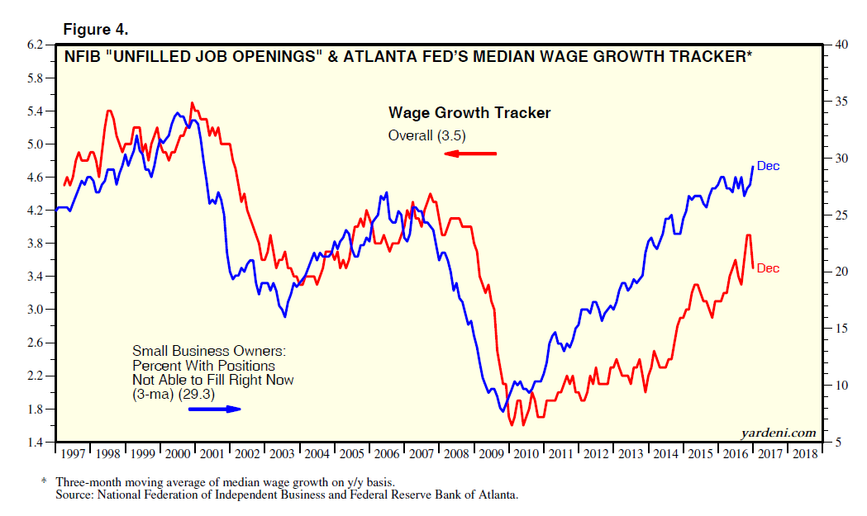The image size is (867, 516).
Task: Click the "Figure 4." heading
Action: pos(96,30)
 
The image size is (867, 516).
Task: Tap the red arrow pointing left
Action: pos(470,154)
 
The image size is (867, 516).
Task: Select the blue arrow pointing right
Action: pos(214,409)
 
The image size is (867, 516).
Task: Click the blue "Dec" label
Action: pos(768,167)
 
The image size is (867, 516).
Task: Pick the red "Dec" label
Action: pos(768,268)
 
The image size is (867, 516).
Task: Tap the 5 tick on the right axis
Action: pos(833,443)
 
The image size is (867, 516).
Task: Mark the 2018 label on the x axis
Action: pos(804,454)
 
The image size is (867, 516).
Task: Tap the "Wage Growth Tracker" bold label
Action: pos(469,113)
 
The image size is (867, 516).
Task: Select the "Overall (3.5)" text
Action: pos(427,135)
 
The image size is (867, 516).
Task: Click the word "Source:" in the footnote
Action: pos(76,495)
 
